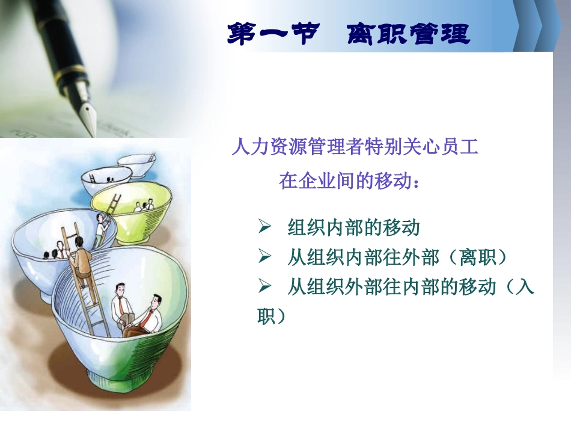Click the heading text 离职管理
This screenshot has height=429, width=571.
point(409,34)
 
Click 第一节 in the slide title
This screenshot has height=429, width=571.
point(273,34)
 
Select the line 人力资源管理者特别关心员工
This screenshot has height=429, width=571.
point(355,147)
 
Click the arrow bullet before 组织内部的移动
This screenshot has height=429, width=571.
point(264,227)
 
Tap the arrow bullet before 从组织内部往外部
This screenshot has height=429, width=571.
point(264,256)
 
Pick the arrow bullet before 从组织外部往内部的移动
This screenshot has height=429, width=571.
point(264,286)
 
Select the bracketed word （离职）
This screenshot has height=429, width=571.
point(477,257)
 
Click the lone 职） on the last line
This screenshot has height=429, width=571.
point(272,316)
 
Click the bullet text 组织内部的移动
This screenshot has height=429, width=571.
point(353,227)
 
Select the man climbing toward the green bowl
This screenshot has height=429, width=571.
point(100,229)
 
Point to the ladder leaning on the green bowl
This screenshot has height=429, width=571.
point(109,218)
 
